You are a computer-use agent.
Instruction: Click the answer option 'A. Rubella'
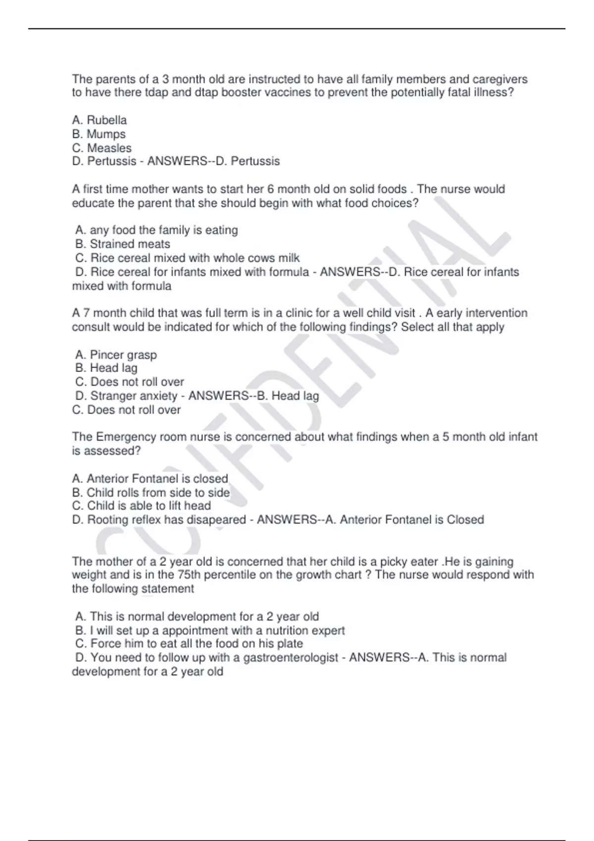[99, 120]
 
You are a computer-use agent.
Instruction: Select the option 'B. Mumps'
[99, 134]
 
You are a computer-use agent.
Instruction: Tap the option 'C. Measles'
[102, 148]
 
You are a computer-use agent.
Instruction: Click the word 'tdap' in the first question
[155, 93]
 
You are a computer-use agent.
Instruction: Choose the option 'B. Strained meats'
[123, 244]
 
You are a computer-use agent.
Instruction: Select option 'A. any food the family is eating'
[156, 230]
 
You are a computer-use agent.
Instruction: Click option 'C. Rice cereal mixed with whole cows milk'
[188, 258]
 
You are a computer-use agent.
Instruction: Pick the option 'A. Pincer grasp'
[116, 355]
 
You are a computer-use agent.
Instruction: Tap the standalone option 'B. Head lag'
[106, 368]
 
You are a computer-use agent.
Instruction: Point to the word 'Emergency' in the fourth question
[126, 437]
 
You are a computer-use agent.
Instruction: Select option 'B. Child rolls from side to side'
[151, 493]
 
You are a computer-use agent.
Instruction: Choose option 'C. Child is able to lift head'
[142, 506]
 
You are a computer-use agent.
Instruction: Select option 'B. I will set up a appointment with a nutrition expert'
[210, 631]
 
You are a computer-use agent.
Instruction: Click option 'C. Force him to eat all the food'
[189, 644]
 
